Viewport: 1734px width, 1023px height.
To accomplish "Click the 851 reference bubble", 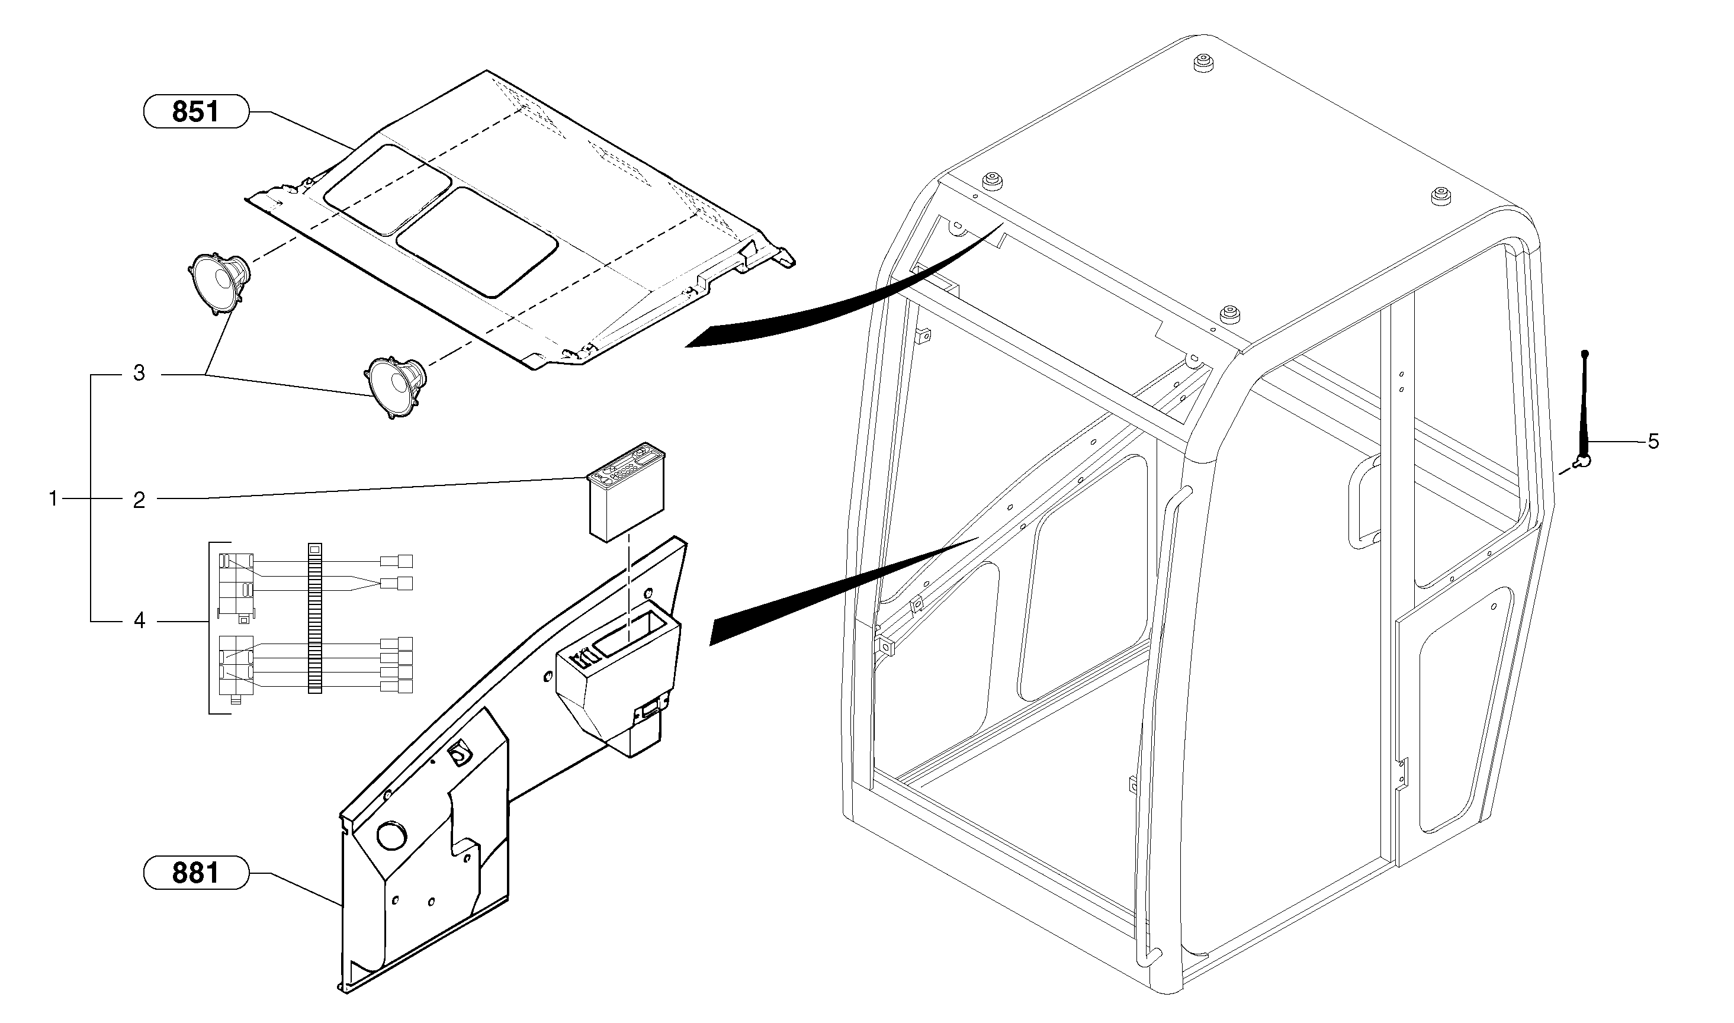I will (x=195, y=111).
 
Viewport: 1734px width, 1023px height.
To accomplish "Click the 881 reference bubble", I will (x=195, y=873).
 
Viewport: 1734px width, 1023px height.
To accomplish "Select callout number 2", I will (x=139, y=500).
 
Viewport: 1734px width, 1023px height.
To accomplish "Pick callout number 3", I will (x=139, y=374).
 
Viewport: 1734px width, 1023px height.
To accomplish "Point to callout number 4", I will (x=139, y=621).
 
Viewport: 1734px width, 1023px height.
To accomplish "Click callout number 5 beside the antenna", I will (x=1653, y=441).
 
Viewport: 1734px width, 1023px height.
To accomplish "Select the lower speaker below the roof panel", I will (x=394, y=385).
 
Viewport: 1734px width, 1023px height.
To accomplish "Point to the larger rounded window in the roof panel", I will (x=477, y=242).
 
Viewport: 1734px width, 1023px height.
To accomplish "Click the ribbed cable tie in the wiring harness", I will (x=314, y=616).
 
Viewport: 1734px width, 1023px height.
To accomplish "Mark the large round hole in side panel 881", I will (x=391, y=835).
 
